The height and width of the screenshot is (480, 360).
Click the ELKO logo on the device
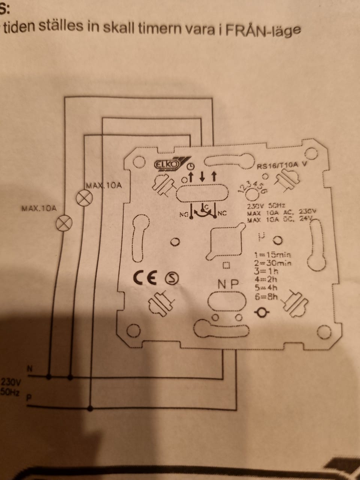168,164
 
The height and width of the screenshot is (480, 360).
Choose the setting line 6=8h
266,297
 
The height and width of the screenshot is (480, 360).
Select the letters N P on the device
228,285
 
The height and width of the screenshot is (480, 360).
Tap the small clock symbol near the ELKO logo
191,166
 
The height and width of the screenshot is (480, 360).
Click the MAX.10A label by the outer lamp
39,208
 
